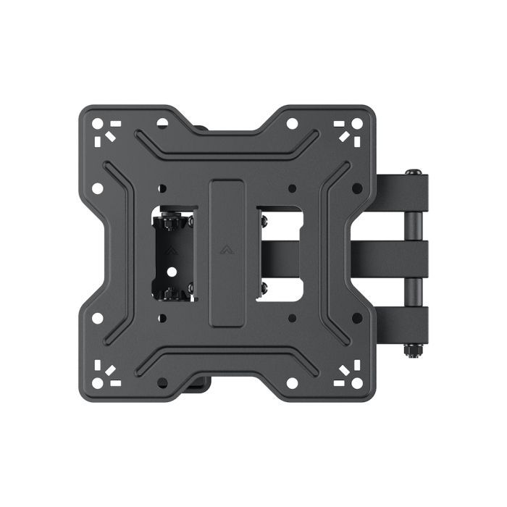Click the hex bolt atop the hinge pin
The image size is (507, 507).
tap(414, 173)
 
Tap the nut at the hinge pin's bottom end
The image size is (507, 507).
tap(414, 350)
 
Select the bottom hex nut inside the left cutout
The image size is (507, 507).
tap(169, 292)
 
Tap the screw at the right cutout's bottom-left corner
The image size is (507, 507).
tap(262, 288)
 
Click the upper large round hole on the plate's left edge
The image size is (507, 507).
tap(98, 188)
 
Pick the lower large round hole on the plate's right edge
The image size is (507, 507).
tap(357, 317)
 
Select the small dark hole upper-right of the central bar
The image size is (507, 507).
tap(291, 188)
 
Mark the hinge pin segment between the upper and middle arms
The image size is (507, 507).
tap(414, 225)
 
